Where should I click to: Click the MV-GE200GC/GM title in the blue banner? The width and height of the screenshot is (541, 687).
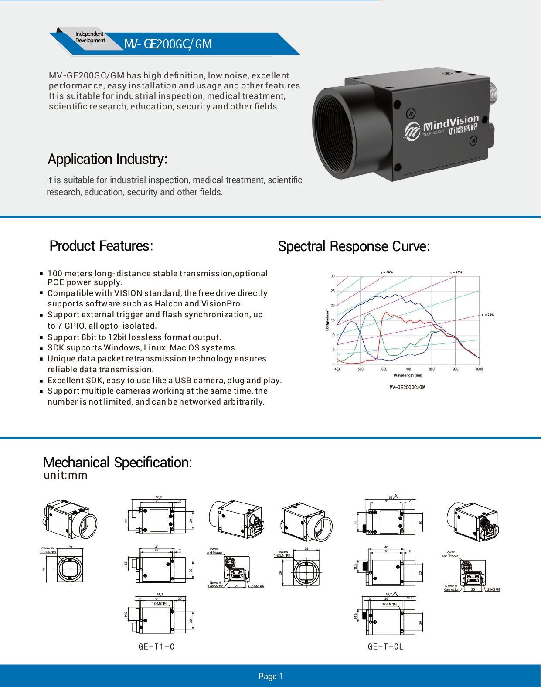pos(168,44)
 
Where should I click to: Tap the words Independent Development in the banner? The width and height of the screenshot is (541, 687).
pos(90,37)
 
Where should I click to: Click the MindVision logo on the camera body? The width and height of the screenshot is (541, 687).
pos(441,128)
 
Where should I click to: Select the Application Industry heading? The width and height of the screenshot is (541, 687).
pos(107,159)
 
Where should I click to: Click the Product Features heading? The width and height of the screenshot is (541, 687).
pos(101,246)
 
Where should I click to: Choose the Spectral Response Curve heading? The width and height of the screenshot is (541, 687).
pos(354,246)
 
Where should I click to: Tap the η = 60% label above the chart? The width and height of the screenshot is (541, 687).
pos(386,272)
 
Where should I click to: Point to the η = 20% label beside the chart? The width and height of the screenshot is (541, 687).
pos(488,315)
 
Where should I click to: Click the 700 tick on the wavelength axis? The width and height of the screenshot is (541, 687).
pos(408,369)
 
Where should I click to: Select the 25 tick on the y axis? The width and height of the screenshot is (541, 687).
pos(333,291)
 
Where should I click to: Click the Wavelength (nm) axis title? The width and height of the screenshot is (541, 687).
pos(408,375)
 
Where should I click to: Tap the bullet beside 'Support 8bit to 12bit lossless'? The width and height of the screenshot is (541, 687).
pos(41,337)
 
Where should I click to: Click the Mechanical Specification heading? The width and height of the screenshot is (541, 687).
pos(117,462)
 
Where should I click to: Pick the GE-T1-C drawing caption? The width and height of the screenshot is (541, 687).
pos(157,646)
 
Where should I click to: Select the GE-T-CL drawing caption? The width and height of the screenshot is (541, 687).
pos(386,646)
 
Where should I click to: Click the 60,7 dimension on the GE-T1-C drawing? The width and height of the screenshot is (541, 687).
pos(159,497)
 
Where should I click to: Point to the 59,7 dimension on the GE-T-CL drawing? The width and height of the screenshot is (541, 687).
pos(389,594)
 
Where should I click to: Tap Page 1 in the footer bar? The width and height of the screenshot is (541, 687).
pos(271,676)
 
